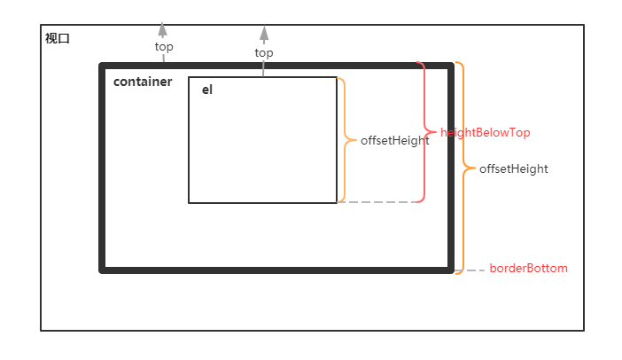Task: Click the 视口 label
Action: click(x=57, y=38)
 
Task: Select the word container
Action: click(x=143, y=82)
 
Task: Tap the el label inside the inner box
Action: click(x=207, y=90)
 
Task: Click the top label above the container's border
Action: click(x=164, y=47)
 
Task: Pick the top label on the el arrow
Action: click(x=264, y=52)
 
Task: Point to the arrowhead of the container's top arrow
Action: click(x=163, y=28)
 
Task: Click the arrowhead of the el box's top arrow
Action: click(x=263, y=33)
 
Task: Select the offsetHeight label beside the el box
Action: click(x=394, y=140)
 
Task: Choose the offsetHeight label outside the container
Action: click(x=513, y=168)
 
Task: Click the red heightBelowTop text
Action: click(x=485, y=132)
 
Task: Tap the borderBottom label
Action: click(x=528, y=268)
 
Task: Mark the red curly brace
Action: click(x=424, y=132)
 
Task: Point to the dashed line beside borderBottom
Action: click(x=475, y=270)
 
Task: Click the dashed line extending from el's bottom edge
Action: click(x=377, y=202)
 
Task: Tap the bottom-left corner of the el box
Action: click(x=189, y=202)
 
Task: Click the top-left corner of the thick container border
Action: click(x=103, y=66)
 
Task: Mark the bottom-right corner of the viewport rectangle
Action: click(x=583, y=330)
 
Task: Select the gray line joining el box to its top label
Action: click(x=263, y=68)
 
